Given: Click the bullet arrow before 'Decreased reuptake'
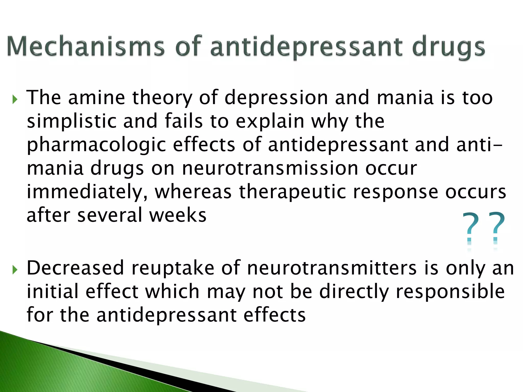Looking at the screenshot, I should tap(15, 269).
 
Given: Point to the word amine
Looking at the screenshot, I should tap(97, 97).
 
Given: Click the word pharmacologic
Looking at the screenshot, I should tap(97, 145).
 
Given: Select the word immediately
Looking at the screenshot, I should tap(87, 192).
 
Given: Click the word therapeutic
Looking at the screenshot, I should tap(292, 192).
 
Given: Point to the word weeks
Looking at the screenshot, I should tap(178, 215).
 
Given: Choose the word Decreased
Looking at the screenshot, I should tap(75, 268).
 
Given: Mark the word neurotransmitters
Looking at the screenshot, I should tap(332, 268).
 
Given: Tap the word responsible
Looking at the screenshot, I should tap(450, 291).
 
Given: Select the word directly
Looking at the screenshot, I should tap(354, 292).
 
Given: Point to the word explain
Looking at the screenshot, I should tap(270, 121).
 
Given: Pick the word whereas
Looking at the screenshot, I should tap(193, 192).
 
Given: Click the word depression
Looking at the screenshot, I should tap(276, 98).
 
